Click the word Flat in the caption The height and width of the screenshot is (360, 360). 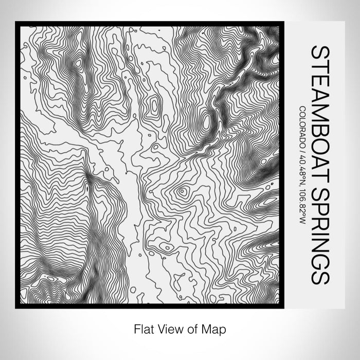point(142,328)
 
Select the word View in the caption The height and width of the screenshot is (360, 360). point(168,328)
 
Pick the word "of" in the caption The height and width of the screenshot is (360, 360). point(190,328)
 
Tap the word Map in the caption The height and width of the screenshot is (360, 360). point(212,328)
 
